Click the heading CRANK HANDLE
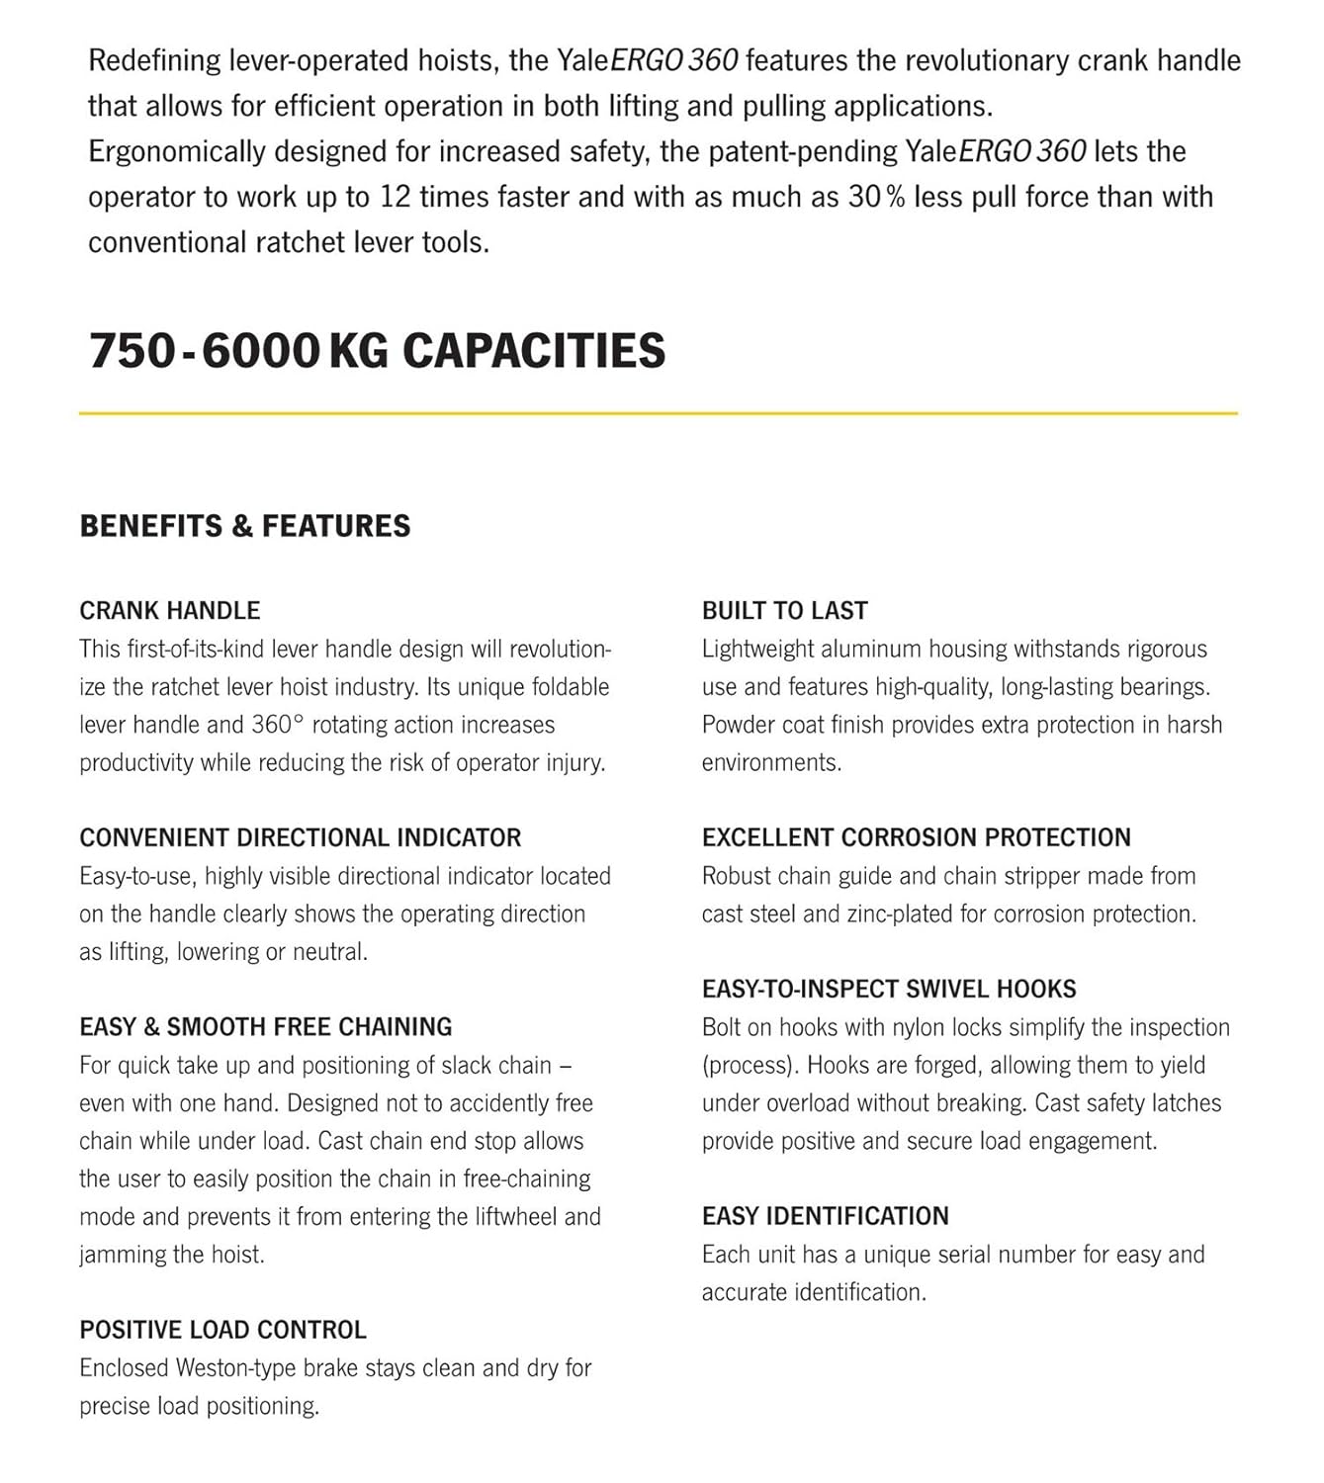[170, 611]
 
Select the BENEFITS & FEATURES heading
[245, 526]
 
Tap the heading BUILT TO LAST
[785, 611]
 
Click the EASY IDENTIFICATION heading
[826, 1216]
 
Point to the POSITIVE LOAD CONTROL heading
[223, 1330]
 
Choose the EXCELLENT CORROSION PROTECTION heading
[917, 837]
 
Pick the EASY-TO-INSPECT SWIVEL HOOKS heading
[889, 989]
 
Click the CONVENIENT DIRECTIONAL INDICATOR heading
[301, 837]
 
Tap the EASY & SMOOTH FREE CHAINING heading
[266, 1027]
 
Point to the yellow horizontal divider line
[659, 413]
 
